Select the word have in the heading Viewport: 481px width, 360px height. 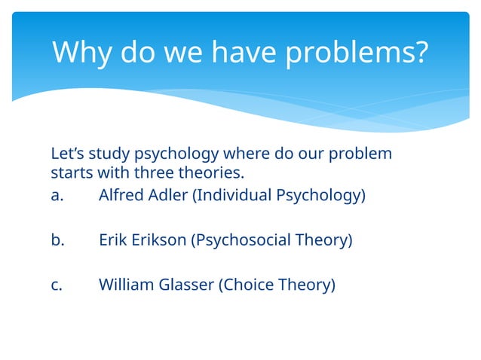tap(241, 53)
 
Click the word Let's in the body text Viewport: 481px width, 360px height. tap(67, 154)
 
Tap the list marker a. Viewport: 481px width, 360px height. tap(58, 196)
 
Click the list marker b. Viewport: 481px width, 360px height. tap(59, 241)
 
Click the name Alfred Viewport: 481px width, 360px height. tap(121, 196)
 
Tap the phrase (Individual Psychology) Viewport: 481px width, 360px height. tap(279, 196)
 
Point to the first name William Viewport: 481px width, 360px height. tap(124, 285)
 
